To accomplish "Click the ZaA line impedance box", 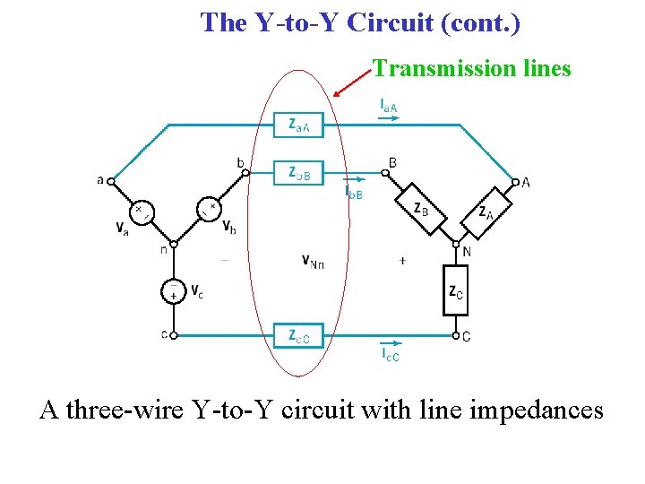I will [x=299, y=126].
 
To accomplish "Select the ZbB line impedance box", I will [x=299, y=173].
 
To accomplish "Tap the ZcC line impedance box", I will [x=299, y=336].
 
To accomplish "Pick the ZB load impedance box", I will [x=422, y=209].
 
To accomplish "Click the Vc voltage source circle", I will [x=173, y=291].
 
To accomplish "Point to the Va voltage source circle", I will [x=142, y=213].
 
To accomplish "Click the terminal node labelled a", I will [x=111, y=181].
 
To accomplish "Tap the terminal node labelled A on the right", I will [x=515, y=182].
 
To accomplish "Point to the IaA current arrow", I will [x=390, y=117].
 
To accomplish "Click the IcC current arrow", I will [x=391, y=344].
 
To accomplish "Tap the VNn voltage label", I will [x=313, y=261].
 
